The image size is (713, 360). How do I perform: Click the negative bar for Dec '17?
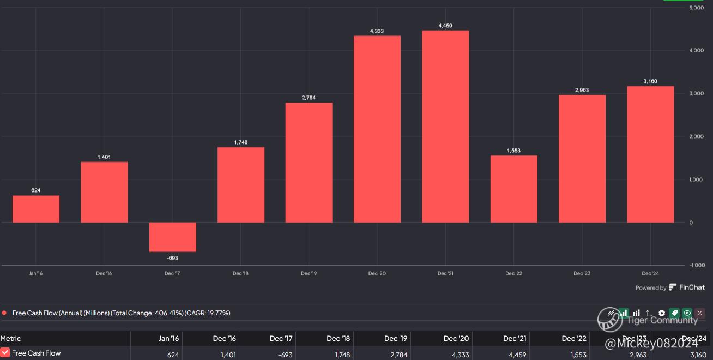(172, 237)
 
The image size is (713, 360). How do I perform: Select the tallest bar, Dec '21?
(445, 127)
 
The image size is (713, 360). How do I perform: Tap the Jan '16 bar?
(36, 209)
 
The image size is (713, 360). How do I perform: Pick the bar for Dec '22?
(513, 189)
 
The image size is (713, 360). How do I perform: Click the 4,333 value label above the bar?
(377, 31)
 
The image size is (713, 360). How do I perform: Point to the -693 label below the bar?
(172, 258)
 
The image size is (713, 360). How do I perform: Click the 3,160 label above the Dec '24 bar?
(650, 81)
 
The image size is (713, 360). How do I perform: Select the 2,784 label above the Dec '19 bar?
(309, 98)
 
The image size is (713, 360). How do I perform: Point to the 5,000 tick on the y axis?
(697, 8)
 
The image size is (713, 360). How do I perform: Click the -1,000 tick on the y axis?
(697, 265)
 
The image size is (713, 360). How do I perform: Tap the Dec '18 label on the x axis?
(240, 273)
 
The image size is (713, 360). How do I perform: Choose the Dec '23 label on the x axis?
(582, 273)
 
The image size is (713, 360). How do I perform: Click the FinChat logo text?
(691, 287)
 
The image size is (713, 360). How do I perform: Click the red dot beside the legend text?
(4, 313)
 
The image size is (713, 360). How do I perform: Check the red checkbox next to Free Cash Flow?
(5, 353)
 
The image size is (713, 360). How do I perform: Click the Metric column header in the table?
(11, 339)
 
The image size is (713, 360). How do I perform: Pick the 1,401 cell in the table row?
(227, 355)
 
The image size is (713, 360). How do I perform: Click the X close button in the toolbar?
(700, 313)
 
